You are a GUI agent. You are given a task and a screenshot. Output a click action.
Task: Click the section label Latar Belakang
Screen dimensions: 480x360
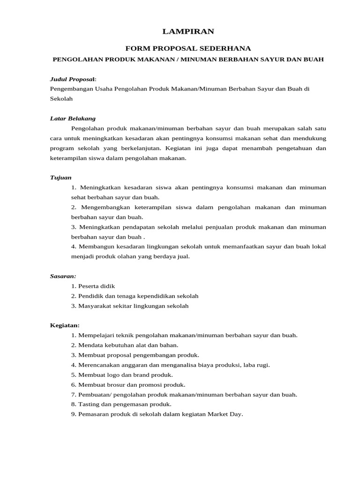[x=73, y=118]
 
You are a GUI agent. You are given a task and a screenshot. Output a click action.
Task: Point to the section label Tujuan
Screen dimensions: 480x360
[x=60, y=178]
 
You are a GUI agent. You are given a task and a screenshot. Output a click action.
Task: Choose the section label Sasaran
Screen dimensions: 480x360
[x=63, y=276]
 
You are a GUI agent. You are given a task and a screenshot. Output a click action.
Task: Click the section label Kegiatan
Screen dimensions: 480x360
[x=65, y=325]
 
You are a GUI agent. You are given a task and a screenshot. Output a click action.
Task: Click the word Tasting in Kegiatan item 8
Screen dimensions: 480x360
[x=88, y=404]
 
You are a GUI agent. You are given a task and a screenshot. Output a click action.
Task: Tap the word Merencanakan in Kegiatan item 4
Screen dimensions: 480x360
[x=97, y=365]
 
